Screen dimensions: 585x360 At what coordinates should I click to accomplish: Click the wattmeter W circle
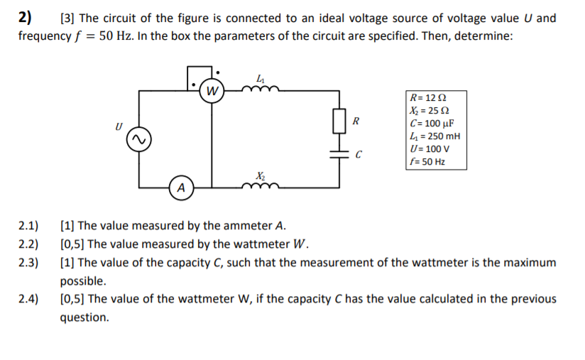click(x=212, y=90)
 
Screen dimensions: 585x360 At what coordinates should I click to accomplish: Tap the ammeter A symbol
click(x=182, y=188)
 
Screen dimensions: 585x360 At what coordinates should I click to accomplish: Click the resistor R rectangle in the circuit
click(x=339, y=121)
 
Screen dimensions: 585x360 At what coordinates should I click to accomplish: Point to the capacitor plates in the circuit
click(x=339, y=154)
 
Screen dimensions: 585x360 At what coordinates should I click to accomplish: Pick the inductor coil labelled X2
click(x=261, y=186)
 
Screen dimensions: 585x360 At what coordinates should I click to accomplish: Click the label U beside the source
click(x=119, y=126)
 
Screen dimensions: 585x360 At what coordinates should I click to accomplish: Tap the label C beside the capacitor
click(x=359, y=154)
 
